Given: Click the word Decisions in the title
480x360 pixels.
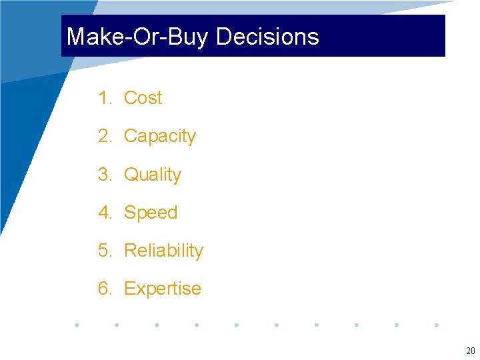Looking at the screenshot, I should pos(267,37).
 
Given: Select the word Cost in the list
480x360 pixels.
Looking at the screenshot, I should pos(143,98).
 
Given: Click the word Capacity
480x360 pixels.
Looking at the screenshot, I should pos(160,137).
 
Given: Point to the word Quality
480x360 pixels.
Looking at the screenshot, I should pos(153,175).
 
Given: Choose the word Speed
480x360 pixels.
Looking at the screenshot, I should pos(151,213).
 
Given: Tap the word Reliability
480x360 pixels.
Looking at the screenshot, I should pos(163,251).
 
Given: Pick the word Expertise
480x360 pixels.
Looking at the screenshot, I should pos(162,289).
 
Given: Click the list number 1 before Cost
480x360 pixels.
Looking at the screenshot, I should pos(104,98).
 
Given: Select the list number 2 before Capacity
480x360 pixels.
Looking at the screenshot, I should pos(104,136).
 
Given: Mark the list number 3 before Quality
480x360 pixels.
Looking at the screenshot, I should pos(104,175).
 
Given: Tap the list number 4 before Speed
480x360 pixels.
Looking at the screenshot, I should pos(104,213).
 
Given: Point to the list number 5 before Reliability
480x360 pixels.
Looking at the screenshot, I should pos(104,251).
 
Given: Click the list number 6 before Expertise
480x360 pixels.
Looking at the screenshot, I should pos(104,289).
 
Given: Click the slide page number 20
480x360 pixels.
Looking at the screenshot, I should pos(470,351).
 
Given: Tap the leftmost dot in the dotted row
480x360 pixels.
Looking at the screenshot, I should pos(77,325).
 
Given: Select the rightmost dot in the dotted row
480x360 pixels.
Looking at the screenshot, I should pos(437,325).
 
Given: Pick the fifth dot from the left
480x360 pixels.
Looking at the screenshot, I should pos(237,325).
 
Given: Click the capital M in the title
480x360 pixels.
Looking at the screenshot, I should pos(76,37).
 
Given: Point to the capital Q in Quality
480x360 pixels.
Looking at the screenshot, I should pos(131,175).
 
